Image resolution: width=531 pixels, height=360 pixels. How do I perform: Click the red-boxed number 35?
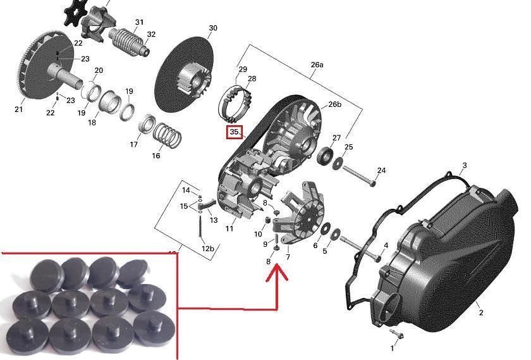click(x=234, y=132)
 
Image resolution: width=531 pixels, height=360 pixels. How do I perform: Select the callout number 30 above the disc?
click(x=213, y=28)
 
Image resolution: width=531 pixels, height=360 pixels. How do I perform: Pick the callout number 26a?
click(x=316, y=65)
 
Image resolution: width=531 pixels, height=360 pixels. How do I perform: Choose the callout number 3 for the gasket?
click(x=464, y=166)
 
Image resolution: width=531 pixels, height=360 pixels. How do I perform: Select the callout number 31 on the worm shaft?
click(x=139, y=23)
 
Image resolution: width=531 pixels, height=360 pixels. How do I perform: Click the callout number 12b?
click(x=208, y=248)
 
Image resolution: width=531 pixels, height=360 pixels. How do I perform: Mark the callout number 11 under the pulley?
click(x=229, y=228)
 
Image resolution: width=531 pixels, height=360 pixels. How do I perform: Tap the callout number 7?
click(x=288, y=256)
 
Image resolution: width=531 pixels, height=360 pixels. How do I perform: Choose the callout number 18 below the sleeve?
click(x=92, y=122)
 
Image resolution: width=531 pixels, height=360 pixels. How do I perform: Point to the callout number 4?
click(x=386, y=245)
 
